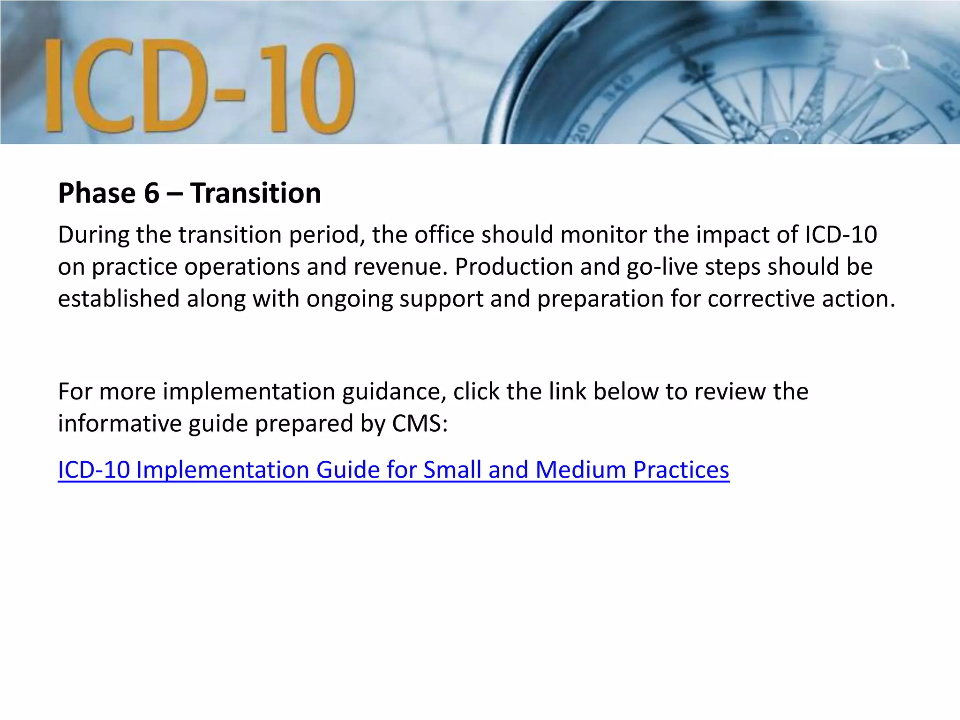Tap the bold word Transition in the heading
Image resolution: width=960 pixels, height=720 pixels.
tap(255, 193)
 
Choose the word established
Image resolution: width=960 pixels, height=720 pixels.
tap(119, 299)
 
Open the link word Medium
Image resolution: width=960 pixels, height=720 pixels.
tap(580, 470)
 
